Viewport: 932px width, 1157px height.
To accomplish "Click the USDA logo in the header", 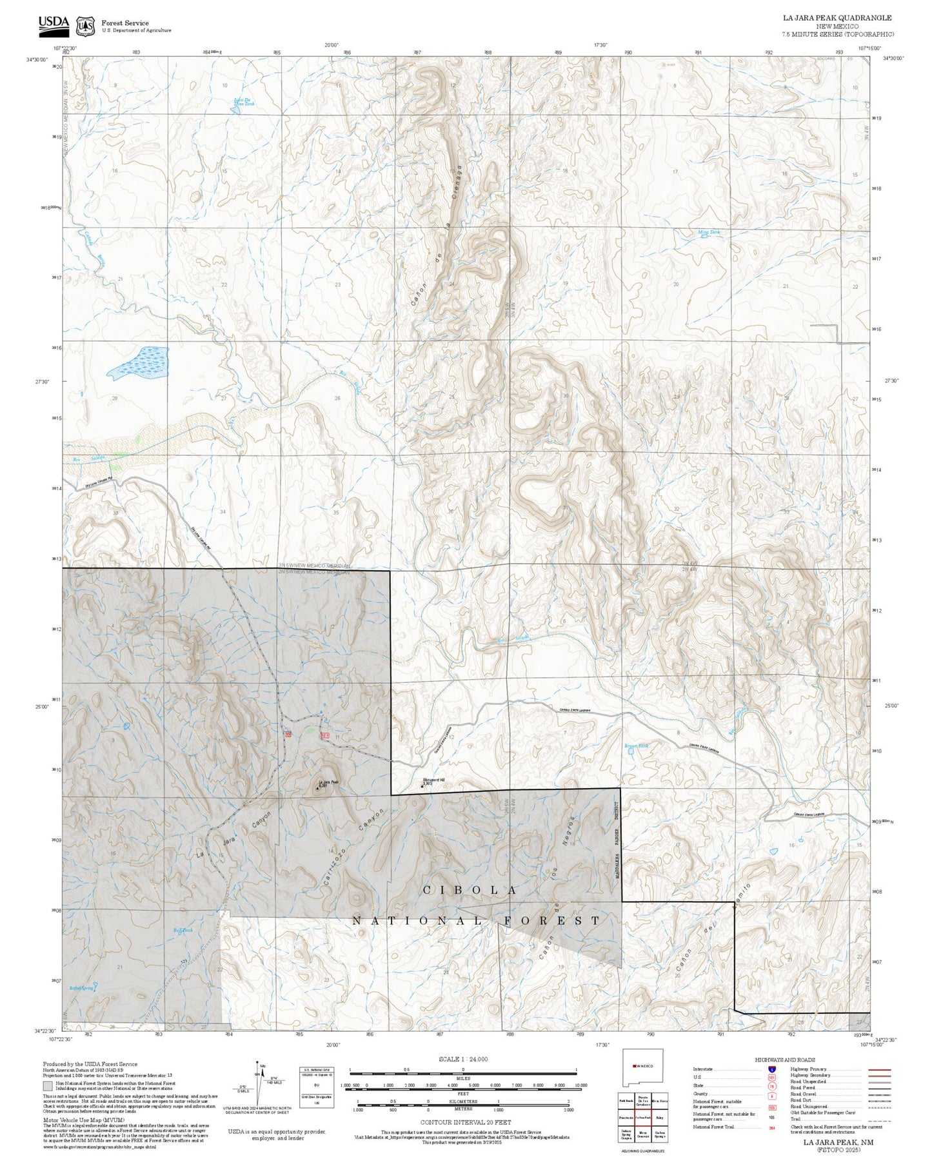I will (53, 23).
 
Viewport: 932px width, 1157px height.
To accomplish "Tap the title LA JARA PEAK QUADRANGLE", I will (837, 18).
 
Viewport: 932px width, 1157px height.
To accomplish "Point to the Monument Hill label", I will (434, 780).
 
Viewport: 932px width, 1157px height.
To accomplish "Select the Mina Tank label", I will (709, 232).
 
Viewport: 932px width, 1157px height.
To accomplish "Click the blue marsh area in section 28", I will (139, 362).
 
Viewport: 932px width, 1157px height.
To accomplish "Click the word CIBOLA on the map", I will (470, 890).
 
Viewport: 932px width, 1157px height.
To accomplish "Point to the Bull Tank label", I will (183, 930).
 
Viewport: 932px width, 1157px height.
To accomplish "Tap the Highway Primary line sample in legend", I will (878, 1069).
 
